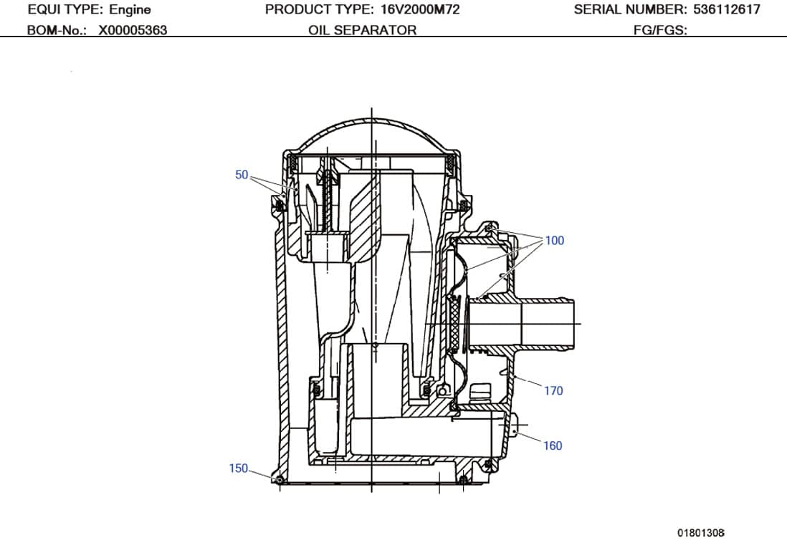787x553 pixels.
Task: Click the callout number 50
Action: (x=242, y=175)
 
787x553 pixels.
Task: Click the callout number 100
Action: (x=555, y=241)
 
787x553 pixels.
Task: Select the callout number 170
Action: (x=553, y=391)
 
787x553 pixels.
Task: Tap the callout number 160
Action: (x=553, y=446)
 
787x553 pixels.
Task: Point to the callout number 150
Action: (x=238, y=468)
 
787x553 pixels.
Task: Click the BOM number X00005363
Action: (x=133, y=30)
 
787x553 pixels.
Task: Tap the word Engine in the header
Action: (x=130, y=10)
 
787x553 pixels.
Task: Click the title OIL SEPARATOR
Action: (x=362, y=30)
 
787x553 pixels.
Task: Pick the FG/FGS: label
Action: (x=660, y=30)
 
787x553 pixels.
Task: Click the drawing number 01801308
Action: (x=701, y=533)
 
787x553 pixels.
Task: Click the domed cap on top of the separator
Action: (x=371, y=133)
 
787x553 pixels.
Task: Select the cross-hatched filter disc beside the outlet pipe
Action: (x=454, y=325)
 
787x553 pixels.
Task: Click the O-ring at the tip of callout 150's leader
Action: (x=277, y=478)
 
